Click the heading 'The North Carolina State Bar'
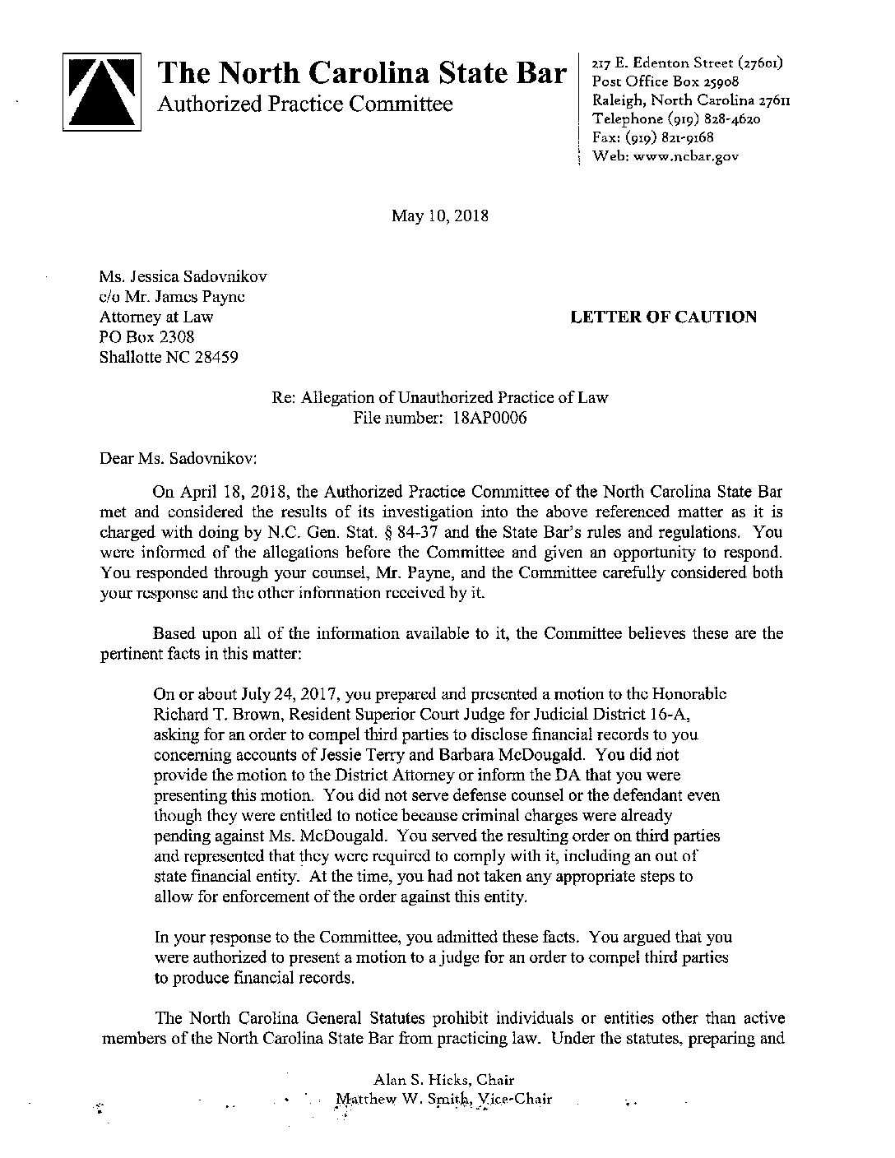[364, 74]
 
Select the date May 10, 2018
[440, 216]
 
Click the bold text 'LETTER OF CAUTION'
[663, 317]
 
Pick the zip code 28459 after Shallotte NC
[215, 358]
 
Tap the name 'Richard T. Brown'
[207, 714]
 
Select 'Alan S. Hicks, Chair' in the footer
[444, 1080]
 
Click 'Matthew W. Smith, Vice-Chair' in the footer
[444, 1100]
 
